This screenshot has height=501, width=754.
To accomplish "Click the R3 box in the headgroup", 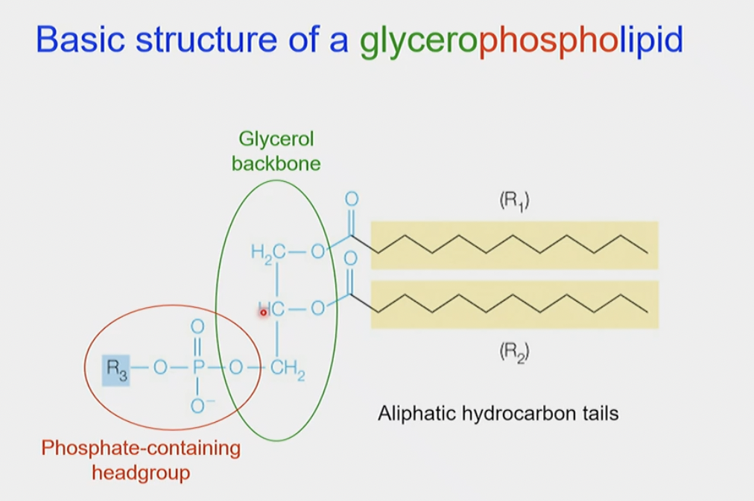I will (116, 368).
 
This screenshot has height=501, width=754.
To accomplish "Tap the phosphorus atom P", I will (197, 368).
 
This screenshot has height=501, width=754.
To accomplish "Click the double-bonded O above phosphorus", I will (197, 327).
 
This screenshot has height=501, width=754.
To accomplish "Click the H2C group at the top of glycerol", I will (268, 253).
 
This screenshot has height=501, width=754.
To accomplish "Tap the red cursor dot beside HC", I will (263, 312).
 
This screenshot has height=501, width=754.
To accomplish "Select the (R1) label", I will (513, 201).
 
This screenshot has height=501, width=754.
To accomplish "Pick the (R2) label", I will (513, 353).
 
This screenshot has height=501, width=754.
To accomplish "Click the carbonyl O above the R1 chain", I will (352, 199).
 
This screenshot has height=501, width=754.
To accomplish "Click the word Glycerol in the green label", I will (276, 139).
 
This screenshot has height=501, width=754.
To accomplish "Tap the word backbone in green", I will (276, 164).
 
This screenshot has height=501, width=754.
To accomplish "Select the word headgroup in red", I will (141, 472).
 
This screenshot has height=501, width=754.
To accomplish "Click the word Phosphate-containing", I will (141, 448).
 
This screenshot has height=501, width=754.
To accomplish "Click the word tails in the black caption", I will (598, 413).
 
